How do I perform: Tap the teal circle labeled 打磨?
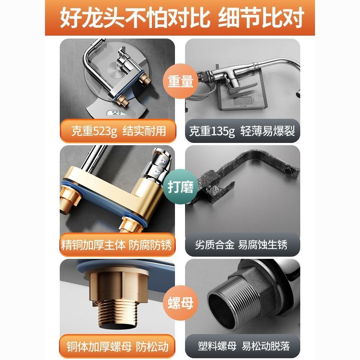180,186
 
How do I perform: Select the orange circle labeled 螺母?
180,303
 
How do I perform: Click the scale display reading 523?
116,113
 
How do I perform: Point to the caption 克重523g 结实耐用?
118,131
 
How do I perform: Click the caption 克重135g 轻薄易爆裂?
242,131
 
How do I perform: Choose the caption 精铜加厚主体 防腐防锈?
117,245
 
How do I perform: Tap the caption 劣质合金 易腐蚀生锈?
241,245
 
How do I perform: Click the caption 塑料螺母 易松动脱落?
244,346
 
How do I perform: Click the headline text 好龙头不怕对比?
135,18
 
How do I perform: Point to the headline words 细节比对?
261,18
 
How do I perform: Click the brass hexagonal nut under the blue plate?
118,286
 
